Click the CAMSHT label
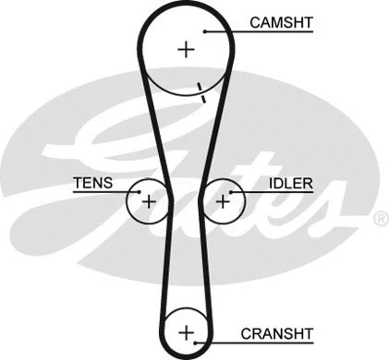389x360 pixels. (x=280, y=21)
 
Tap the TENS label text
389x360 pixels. (x=92, y=183)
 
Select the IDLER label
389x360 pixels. (x=290, y=183)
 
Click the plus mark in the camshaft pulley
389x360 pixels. (x=188, y=49)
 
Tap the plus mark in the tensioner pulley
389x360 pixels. (x=148, y=198)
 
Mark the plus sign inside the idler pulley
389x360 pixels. (x=223, y=198)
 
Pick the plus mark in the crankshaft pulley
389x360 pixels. (x=187, y=331)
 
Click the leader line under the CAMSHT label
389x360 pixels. (x=268, y=31)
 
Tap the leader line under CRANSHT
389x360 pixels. (x=268, y=342)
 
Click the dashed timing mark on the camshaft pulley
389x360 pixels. (x=200, y=91)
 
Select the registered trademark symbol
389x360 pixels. (x=381, y=218)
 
